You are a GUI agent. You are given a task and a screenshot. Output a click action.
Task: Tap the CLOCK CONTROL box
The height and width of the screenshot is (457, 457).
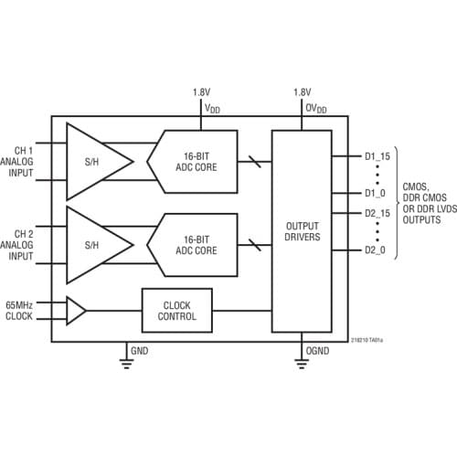[x=176, y=311]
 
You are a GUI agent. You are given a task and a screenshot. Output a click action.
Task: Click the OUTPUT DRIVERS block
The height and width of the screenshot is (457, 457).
[x=301, y=232]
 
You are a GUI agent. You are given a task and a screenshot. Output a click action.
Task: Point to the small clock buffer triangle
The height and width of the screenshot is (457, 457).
[x=76, y=311]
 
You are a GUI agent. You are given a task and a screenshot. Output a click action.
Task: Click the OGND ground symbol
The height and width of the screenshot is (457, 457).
[x=301, y=362]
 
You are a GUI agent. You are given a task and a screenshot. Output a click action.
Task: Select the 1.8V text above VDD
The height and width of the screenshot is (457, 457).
[x=201, y=92]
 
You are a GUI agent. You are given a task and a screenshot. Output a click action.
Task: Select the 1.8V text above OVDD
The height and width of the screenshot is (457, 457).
[x=302, y=92]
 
